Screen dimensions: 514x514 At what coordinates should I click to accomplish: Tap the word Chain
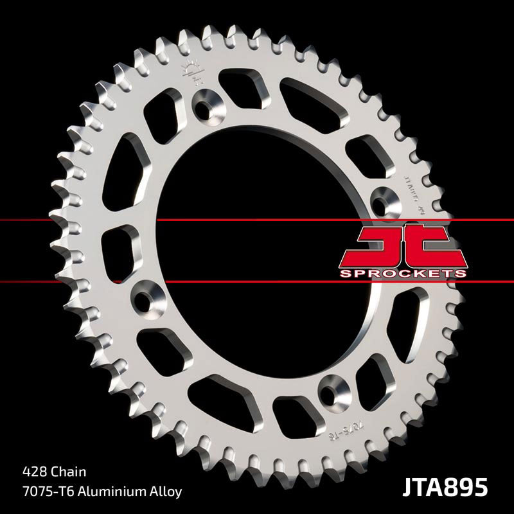(71, 471)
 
